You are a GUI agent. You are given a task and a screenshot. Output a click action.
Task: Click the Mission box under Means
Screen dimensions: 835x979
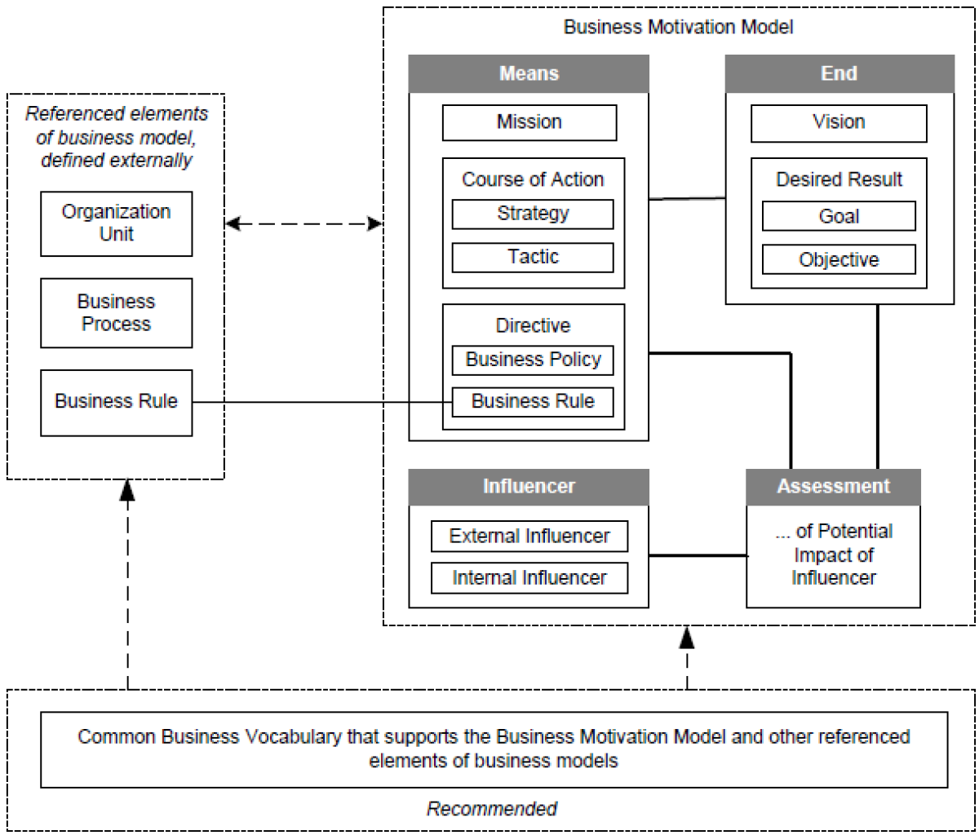pos(529,122)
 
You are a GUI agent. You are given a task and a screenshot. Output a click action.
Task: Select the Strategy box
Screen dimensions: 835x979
pos(533,214)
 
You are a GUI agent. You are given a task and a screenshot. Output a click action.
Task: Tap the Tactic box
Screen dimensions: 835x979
pos(533,257)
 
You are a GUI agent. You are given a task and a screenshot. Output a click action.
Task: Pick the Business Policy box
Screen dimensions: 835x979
pos(533,360)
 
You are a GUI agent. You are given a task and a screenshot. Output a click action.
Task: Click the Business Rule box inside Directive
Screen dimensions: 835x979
pos(533,401)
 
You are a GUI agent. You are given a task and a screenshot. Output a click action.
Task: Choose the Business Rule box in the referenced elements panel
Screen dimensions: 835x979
pos(116,401)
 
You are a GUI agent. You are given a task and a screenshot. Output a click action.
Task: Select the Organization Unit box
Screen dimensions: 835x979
pos(116,223)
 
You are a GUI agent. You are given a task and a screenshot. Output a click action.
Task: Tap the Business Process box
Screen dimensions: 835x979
pos(116,313)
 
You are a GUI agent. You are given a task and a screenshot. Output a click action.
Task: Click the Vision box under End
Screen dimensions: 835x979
pos(839,122)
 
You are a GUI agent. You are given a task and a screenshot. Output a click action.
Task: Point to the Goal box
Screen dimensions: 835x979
pos(839,216)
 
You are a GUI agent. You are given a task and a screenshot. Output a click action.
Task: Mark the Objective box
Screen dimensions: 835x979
pos(839,260)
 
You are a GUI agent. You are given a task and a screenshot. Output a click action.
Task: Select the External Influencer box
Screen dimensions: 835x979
pos(529,536)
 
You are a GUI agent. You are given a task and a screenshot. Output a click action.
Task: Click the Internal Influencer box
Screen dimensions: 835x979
pos(529,578)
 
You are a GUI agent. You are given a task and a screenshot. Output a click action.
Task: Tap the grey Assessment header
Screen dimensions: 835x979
pos(833,487)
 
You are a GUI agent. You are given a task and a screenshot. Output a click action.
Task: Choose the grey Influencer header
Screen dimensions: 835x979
pos(529,487)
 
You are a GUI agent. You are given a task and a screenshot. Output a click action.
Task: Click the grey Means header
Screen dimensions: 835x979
pos(529,73)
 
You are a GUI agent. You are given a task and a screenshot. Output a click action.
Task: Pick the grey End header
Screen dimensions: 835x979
pos(839,73)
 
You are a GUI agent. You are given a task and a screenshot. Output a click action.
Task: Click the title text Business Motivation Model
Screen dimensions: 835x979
pos(678,27)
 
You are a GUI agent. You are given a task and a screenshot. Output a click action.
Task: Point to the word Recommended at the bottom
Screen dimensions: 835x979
pos(492,809)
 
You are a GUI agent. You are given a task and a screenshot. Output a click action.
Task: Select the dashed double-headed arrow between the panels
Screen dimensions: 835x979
pos(303,223)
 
